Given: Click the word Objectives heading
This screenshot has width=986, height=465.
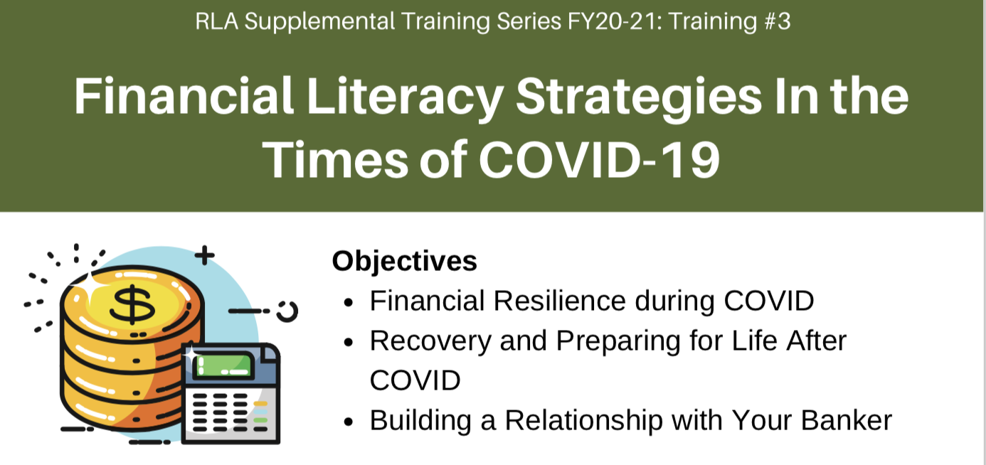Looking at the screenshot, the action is click(404, 261).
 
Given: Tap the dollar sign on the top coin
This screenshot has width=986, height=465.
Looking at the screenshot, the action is click(132, 304).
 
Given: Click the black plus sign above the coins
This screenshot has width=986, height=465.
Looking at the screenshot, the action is click(204, 255).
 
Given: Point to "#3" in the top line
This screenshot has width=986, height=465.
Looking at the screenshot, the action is click(778, 21).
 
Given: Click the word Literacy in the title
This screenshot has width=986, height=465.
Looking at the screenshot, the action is click(405, 97).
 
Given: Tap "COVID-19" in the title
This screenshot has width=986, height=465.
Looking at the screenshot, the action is click(600, 159).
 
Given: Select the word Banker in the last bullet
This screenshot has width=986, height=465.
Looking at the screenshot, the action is click(847, 420).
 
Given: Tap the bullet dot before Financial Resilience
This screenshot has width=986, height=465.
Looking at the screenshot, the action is click(349, 303).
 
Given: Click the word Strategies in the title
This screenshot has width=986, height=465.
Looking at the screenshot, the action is click(639, 97).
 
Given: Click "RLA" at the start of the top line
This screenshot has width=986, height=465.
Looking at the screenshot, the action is click(216, 21).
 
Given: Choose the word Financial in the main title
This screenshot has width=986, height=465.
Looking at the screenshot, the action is click(184, 96).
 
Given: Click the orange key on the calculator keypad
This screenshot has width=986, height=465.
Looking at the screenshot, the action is click(260, 403).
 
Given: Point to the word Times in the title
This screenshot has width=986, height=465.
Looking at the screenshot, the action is click(335, 159).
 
